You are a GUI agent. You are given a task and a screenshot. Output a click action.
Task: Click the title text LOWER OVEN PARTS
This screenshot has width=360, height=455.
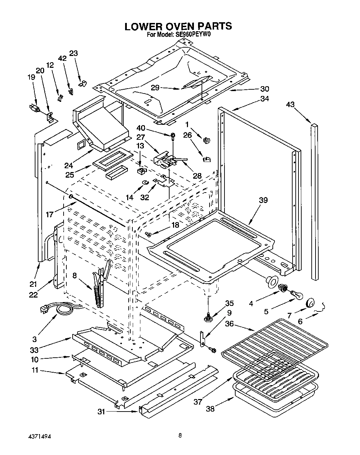tap(178, 26)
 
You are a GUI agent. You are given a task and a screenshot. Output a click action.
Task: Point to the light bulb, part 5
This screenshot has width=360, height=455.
tap(298, 294)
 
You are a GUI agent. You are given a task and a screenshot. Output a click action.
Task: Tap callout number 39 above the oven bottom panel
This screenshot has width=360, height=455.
tap(263, 200)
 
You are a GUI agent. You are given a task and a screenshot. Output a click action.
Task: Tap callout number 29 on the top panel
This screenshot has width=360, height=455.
tap(155, 88)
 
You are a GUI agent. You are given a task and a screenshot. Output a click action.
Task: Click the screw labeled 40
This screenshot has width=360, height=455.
tap(173, 136)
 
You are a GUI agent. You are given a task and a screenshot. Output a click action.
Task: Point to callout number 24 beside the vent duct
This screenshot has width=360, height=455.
tap(68, 165)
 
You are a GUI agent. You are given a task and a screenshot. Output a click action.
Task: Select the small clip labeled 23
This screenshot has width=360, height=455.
tap(82, 84)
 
